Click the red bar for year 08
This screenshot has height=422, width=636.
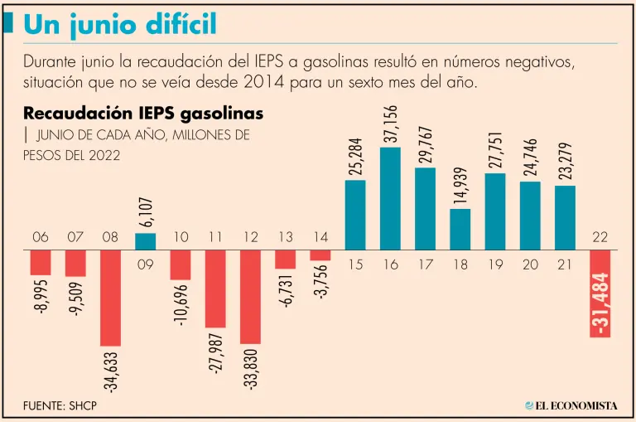coord(110,298)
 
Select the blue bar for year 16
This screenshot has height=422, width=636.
coord(391,198)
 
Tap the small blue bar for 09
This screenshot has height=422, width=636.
coord(146,241)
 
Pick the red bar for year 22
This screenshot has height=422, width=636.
coord(600,293)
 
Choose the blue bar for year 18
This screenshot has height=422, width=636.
coord(460,229)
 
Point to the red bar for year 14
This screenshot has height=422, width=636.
coord(320,255)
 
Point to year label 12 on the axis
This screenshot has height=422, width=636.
coord(251,238)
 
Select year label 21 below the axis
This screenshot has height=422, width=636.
coord(565,264)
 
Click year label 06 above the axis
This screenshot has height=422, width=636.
coord(41,238)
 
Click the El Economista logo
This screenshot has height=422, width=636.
coord(571,405)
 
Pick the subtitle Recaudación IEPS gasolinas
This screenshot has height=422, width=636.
coord(143,113)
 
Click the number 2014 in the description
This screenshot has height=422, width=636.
coord(262,84)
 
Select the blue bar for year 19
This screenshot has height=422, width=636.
coord(495,211)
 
